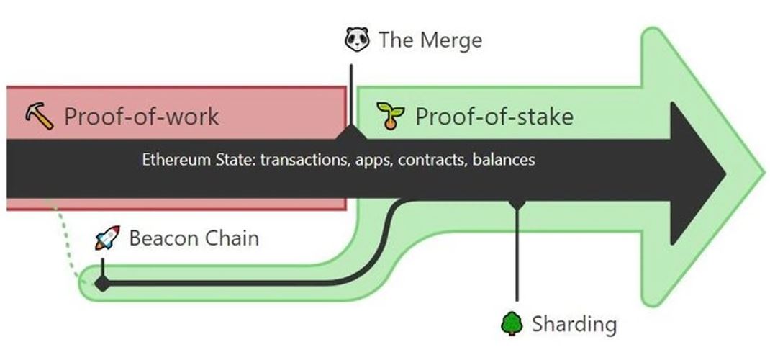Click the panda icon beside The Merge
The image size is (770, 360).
357,40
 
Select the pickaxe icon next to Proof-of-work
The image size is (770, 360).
40,117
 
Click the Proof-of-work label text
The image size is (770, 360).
142,117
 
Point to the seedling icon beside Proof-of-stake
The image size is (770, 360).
391,115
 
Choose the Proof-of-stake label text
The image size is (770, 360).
494,117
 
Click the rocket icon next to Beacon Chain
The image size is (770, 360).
107,238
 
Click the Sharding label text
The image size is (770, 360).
574,325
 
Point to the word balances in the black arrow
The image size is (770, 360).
504,160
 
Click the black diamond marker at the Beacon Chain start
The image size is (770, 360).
102,284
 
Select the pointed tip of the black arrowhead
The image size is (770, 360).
725,173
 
